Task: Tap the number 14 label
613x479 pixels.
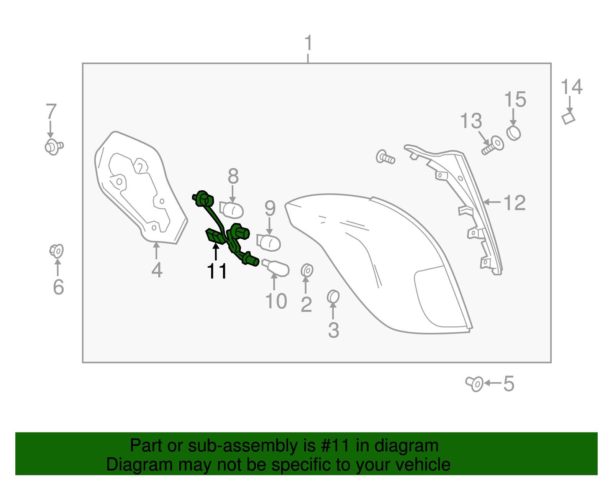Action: [x=571, y=87]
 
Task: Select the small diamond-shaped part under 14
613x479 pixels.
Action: [x=568, y=118]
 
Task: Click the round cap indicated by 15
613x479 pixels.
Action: [x=513, y=133]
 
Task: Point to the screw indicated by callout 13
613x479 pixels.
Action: [x=493, y=145]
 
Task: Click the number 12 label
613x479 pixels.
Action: [x=515, y=202]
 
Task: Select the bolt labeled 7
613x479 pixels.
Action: [x=54, y=147]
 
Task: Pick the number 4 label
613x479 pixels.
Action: [x=157, y=270]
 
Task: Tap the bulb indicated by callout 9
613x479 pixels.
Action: [x=269, y=242]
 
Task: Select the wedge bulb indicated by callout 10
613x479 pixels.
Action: [x=275, y=267]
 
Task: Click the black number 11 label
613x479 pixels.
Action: [x=216, y=271]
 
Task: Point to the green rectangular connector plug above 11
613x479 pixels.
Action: [x=216, y=236]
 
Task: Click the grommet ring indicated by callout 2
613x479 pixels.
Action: [x=307, y=270]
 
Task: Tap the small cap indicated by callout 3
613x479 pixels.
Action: [x=333, y=297]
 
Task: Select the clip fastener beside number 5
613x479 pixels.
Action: [x=474, y=384]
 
